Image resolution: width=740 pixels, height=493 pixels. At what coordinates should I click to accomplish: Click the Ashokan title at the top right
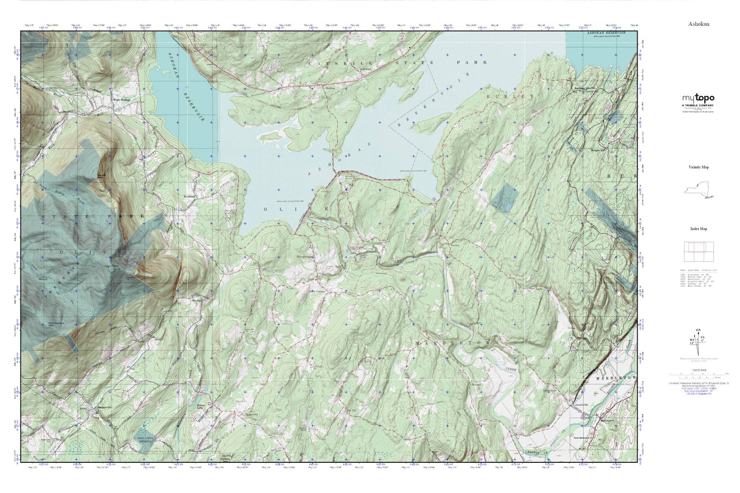pos(699,24)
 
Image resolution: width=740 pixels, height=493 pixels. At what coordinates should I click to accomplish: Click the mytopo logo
pos(698,98)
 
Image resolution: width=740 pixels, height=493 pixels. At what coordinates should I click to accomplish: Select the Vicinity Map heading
pos(699,167)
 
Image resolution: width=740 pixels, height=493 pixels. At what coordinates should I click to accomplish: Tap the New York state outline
pos(699,190)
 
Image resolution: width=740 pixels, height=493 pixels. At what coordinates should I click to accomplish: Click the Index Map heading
pos(699,229)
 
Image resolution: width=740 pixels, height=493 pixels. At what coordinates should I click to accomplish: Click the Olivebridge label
pos(305,256)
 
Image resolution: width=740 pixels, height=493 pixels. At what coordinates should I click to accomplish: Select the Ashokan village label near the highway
pos(365,70)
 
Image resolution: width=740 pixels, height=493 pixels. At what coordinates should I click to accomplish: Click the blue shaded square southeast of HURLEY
pos(503,198)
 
